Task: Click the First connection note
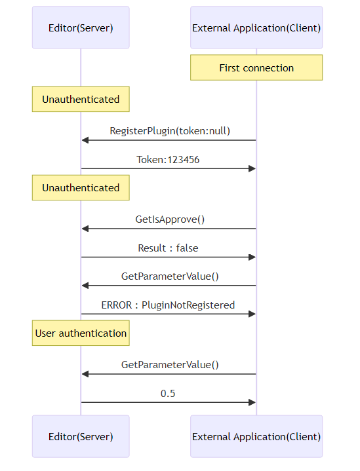[256, 67]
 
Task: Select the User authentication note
[81, 333]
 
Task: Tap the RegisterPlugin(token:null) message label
[170, 131]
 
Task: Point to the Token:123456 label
[168, 159]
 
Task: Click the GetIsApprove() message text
[170, 219]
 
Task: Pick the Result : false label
[168, 248]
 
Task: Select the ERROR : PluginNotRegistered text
[168, 305]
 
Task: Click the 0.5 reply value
[168, 393]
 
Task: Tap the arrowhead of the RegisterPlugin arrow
[85, 140]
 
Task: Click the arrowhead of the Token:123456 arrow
[252, 168]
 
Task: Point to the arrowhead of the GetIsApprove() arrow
[85, 229]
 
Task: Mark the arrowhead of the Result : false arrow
[252, 257]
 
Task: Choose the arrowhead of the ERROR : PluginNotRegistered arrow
[252, 314]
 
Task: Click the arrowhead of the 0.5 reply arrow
[252, 402]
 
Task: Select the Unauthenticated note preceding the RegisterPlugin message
[81, 99]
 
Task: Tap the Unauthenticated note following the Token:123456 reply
[81, 187]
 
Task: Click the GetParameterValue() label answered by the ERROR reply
[170, 276]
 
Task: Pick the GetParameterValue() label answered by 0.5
[170, 365]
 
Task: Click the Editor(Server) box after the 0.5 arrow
[81, 436]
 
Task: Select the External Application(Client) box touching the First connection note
[256, 28]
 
